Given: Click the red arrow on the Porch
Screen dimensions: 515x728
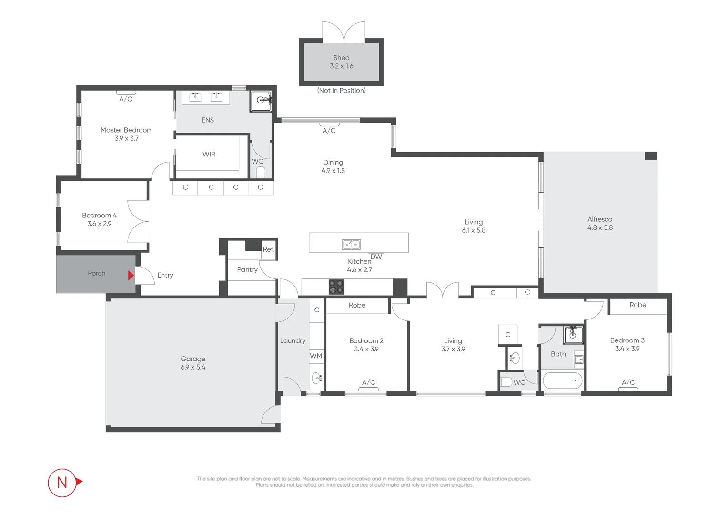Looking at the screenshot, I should click(131, 275).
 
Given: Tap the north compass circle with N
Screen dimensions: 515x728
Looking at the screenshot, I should click(62, 483).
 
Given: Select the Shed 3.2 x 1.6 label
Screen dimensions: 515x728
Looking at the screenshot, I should click(341, 62).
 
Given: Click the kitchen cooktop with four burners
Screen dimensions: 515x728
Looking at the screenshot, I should click(336, 287).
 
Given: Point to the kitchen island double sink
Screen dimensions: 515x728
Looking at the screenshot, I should click(351, 245).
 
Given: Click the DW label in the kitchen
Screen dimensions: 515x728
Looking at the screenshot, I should click(376, 257).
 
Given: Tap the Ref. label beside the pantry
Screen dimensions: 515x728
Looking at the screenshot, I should click(268, 249).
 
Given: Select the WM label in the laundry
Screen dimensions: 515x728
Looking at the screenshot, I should click(316, 356).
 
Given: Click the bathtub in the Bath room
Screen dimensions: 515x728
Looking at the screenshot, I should click(563, 381).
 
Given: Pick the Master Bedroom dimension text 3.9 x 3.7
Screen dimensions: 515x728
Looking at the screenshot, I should click(126, 138).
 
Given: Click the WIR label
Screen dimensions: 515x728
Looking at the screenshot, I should click(209, 154).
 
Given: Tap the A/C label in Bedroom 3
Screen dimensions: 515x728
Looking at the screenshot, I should click(628, 382).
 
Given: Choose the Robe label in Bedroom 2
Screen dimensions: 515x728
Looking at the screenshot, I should click(357, 305).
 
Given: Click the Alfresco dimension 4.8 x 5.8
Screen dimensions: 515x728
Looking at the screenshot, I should click(600, 228).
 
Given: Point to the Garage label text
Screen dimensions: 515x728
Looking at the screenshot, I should click(193, 359).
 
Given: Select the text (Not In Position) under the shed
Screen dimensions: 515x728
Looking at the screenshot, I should click(341, 91).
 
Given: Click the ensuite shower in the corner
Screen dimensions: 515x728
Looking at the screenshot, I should click(261, 101).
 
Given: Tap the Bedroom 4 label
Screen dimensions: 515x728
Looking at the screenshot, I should click(99, 216).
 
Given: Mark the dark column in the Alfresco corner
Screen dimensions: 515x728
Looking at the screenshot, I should click(651, 156).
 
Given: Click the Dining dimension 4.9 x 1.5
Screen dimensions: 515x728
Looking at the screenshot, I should click(333, 171).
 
